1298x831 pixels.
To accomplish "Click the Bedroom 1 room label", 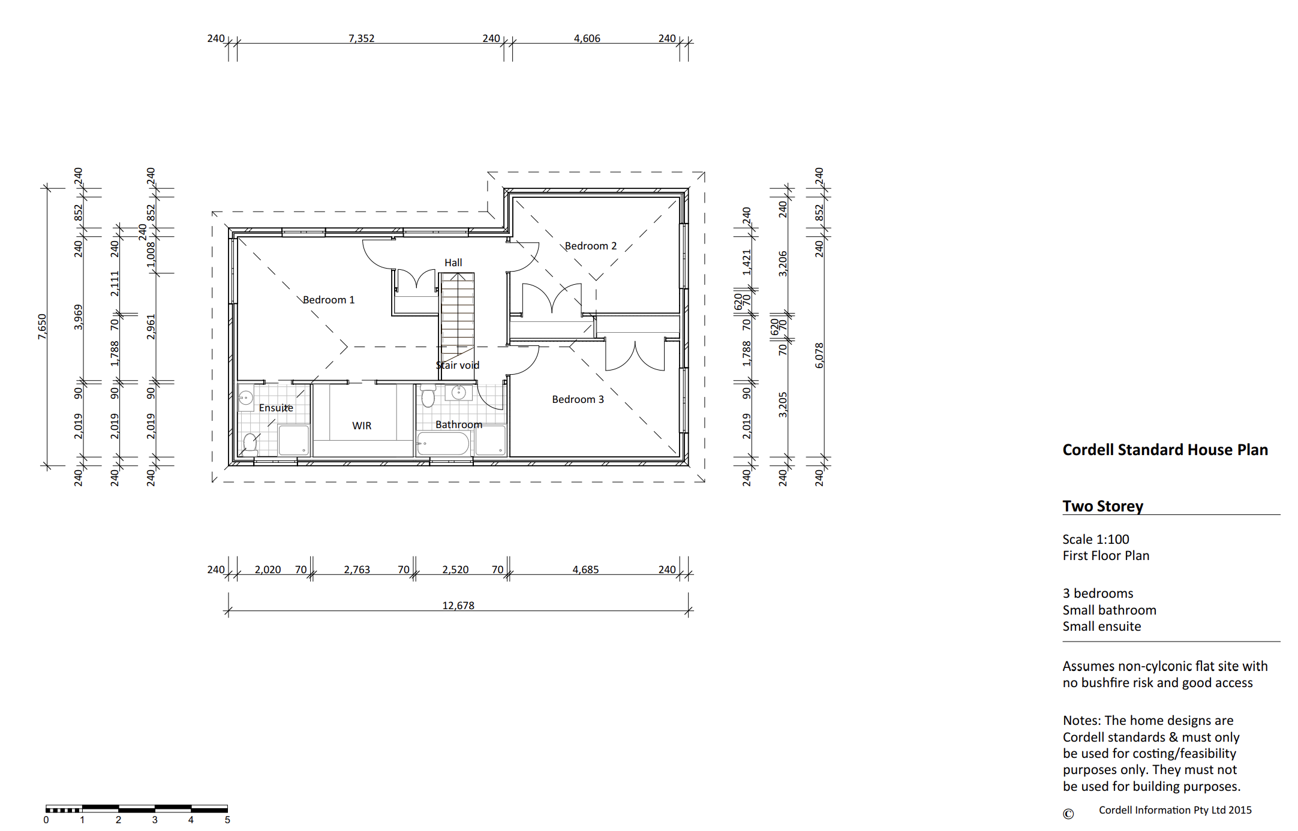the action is tap(329, 300).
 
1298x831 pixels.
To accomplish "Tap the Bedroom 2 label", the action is tap(591, 246).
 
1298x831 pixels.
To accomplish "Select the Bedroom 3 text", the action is tap(578, 399).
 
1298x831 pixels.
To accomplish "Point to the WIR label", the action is tap(362, 426).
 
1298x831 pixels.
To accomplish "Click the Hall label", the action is tap(453, 263).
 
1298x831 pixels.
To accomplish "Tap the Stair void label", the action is tap(458, 365).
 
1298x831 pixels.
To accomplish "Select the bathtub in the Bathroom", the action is tap(443, 444).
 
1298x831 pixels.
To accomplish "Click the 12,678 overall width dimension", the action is tap(458, 606).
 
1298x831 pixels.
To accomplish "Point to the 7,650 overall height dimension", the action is tap(42, 327).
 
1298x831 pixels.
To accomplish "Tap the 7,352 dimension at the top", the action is tap(362, 38).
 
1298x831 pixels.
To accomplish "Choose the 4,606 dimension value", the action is tap(587, 38).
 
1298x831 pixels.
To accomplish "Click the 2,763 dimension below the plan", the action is tap(357, 570).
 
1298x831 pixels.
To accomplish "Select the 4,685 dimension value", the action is tap(586, 570).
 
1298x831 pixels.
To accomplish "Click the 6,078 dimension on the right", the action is tap(819, 356).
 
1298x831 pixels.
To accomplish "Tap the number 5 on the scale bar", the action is tap(227, 820).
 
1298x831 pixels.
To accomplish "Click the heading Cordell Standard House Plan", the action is tap(1165, 450).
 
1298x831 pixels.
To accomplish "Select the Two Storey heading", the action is tap(1103, 506).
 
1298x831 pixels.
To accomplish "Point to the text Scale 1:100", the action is tap(1096, 539).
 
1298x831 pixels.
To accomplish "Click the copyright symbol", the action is tap(1068, 814).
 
